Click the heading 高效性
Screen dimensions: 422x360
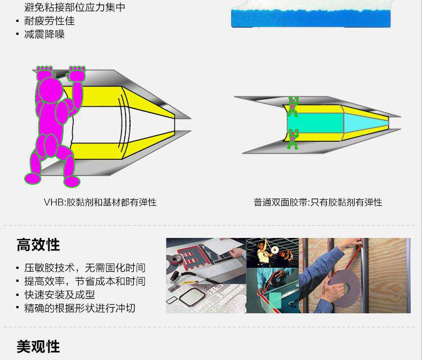pyautogui.click(x=38, y=245)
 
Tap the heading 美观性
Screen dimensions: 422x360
pyautogui.click(x=38, y=346)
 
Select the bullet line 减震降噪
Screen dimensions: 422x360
pyautogui.click(x=44, y=34)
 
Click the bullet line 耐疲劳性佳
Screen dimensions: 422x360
pyautogui.click(x=50, y=21)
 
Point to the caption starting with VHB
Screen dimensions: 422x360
pyautogui.click(x=100, y=202)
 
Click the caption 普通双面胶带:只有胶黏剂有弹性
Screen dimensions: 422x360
pyautogui.click(x=318, y=202)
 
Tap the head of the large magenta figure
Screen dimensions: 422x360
pyautogui.click(x=50, y=90)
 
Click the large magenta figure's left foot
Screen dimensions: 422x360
pyautogui.click(x=33, y=178)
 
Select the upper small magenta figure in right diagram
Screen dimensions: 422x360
pyautogui.click(x=293, y=106)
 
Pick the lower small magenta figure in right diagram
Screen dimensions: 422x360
pyautogui.click(x=293, y=139)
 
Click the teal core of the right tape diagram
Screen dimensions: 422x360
pyautogui.click(x=316, y=123)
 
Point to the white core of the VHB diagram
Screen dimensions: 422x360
pyautogui.click(x=97, y=124)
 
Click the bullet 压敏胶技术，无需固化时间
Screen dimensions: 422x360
pyautogui.click(x=85, y=268)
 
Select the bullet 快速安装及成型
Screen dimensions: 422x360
pyautogui.click(x=60, y=295)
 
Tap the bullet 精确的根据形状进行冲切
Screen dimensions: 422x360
pyautogui.click(x=80, y=308)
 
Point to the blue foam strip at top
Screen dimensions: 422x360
pyautogui.click(x=311, y=19)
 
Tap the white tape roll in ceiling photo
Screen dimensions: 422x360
pyautogui.click(x=275, y=250)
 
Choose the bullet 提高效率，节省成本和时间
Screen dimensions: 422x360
pyautogui.click(x=85, y=281)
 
